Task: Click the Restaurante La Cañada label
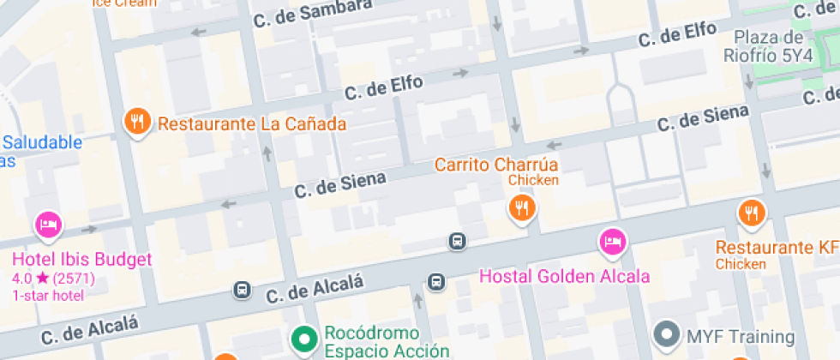(252, 123)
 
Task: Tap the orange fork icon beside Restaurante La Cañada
(137, 122)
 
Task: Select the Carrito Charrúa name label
(496, 164)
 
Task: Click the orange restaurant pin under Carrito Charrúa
(521, 207)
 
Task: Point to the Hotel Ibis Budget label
(81, 260)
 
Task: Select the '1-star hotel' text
(48, 296)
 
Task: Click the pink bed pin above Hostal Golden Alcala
(612, 242)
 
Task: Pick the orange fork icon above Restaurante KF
(752, 213)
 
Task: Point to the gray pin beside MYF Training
(665, 333)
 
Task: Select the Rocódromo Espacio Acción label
(387, 341)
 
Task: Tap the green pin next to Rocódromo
(303, 339)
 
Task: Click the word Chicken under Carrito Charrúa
(533, 180)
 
